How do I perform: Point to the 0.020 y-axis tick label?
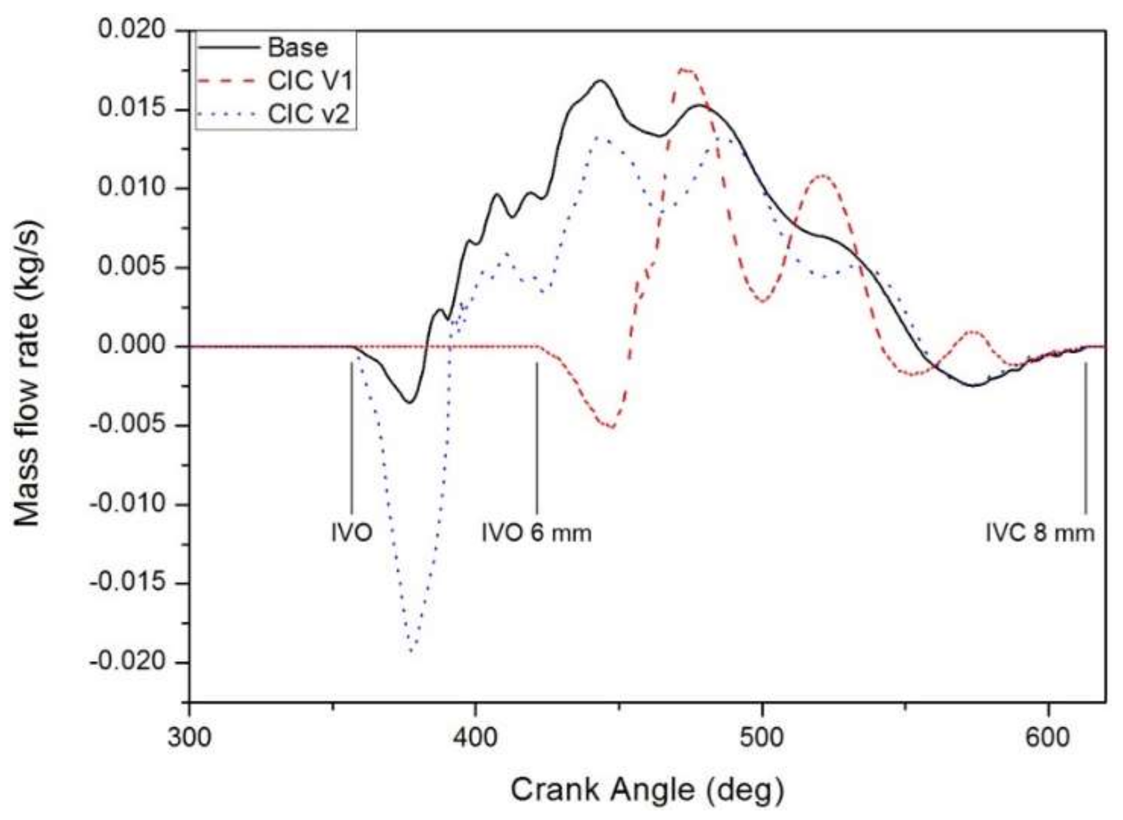coord(132,29)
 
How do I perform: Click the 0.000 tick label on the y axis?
coord(132,346)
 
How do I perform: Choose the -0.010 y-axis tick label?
coord(129,504)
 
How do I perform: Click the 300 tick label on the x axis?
coord(189,736)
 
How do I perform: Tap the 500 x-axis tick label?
coord(762,736)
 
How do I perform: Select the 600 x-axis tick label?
coord(1048,736)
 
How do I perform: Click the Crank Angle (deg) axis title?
coord(647,790)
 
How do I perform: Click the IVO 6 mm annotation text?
coord(537,533)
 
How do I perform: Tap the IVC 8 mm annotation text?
coord(1040,533)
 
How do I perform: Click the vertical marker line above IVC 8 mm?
coord(1085,438)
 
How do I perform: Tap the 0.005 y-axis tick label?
coord(132,267)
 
